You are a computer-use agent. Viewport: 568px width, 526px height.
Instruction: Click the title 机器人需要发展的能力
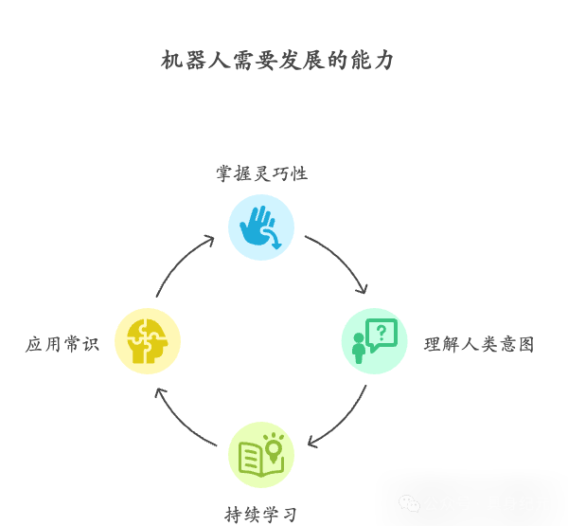(x=277, y=61)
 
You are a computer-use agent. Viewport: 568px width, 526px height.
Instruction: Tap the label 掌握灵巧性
(x=261, y=173)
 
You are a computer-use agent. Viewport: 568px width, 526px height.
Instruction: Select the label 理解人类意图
(x=479, y=345)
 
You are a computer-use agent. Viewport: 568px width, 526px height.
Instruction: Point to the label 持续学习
(x=261, y=515)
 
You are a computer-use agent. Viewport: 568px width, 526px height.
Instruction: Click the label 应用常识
(x=62, y=344)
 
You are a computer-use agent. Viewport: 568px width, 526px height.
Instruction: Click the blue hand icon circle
(x=261, y=227)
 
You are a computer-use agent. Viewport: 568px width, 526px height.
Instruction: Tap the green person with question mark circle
(x=375, y=341)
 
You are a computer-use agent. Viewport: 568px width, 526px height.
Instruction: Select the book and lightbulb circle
(x=261, y=455)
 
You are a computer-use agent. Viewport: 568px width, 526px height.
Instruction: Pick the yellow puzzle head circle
(x=148, y=341)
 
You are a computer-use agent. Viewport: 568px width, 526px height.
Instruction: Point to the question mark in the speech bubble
(x=382, y=332)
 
